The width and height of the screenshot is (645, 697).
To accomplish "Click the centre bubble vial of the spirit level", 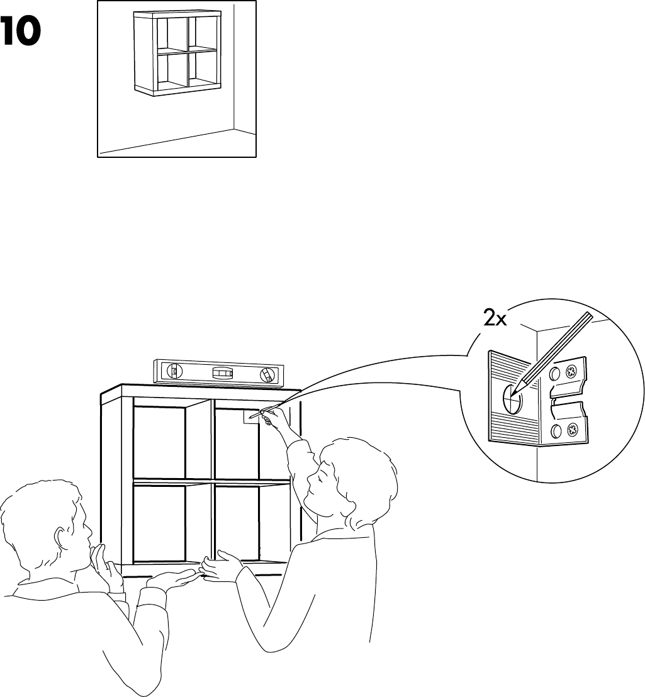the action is coord(222,373).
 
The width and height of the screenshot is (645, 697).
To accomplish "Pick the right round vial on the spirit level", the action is coord(268,376).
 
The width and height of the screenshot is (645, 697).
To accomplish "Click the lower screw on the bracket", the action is coord(574,431).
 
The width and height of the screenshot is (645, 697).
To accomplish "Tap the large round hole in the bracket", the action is coord(511,398).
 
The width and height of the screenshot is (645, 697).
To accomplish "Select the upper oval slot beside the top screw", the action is coord(554,374).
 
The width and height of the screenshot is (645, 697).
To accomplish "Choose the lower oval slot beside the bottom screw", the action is coord(556,432).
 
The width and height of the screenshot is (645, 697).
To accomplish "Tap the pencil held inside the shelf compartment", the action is coord(257,415).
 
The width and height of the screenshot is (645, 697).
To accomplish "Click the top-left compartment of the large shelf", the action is coord(159,440).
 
